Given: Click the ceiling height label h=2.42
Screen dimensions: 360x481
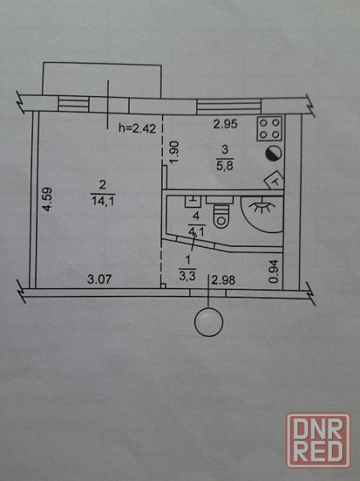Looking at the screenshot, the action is [x=137, y=128].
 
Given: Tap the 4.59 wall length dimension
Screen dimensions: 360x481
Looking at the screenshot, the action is [x=47, y=199].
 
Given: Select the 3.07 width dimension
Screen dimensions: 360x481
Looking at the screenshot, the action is [x=99, y=279].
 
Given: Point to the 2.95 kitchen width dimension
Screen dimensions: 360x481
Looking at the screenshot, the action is [x=225, y=124].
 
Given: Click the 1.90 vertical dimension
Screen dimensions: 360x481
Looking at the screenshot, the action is [x=174, y=152].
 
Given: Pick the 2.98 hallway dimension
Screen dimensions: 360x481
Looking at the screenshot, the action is [x=224, y=280].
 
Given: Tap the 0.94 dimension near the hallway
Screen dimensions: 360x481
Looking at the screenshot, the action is [x=273, y=271].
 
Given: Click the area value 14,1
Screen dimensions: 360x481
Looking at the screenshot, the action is [x=103, y=201].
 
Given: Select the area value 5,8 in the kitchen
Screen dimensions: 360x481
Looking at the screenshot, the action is [x=224, y=166].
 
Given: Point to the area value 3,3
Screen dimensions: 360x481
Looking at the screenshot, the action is [x=187, y=277].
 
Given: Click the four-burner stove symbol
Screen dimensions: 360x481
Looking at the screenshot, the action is [x=269, y=128].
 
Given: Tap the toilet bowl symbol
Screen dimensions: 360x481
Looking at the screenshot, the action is [x=221, y=216].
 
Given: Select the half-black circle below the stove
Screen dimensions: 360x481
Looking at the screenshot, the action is [x=273, y=153].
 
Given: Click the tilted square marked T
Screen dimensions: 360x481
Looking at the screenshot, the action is [x=274, y=180].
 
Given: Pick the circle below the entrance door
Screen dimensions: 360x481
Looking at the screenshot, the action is [x=209, y=322].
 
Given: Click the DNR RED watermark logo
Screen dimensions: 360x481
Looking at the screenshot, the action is [x=318, y=440].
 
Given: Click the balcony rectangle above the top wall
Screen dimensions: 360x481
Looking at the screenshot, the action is [x=102, y=80].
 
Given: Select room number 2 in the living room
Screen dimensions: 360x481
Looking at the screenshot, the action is [x=103, y=185].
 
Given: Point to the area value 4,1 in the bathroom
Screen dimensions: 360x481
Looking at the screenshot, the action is [x=196, y=232].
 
